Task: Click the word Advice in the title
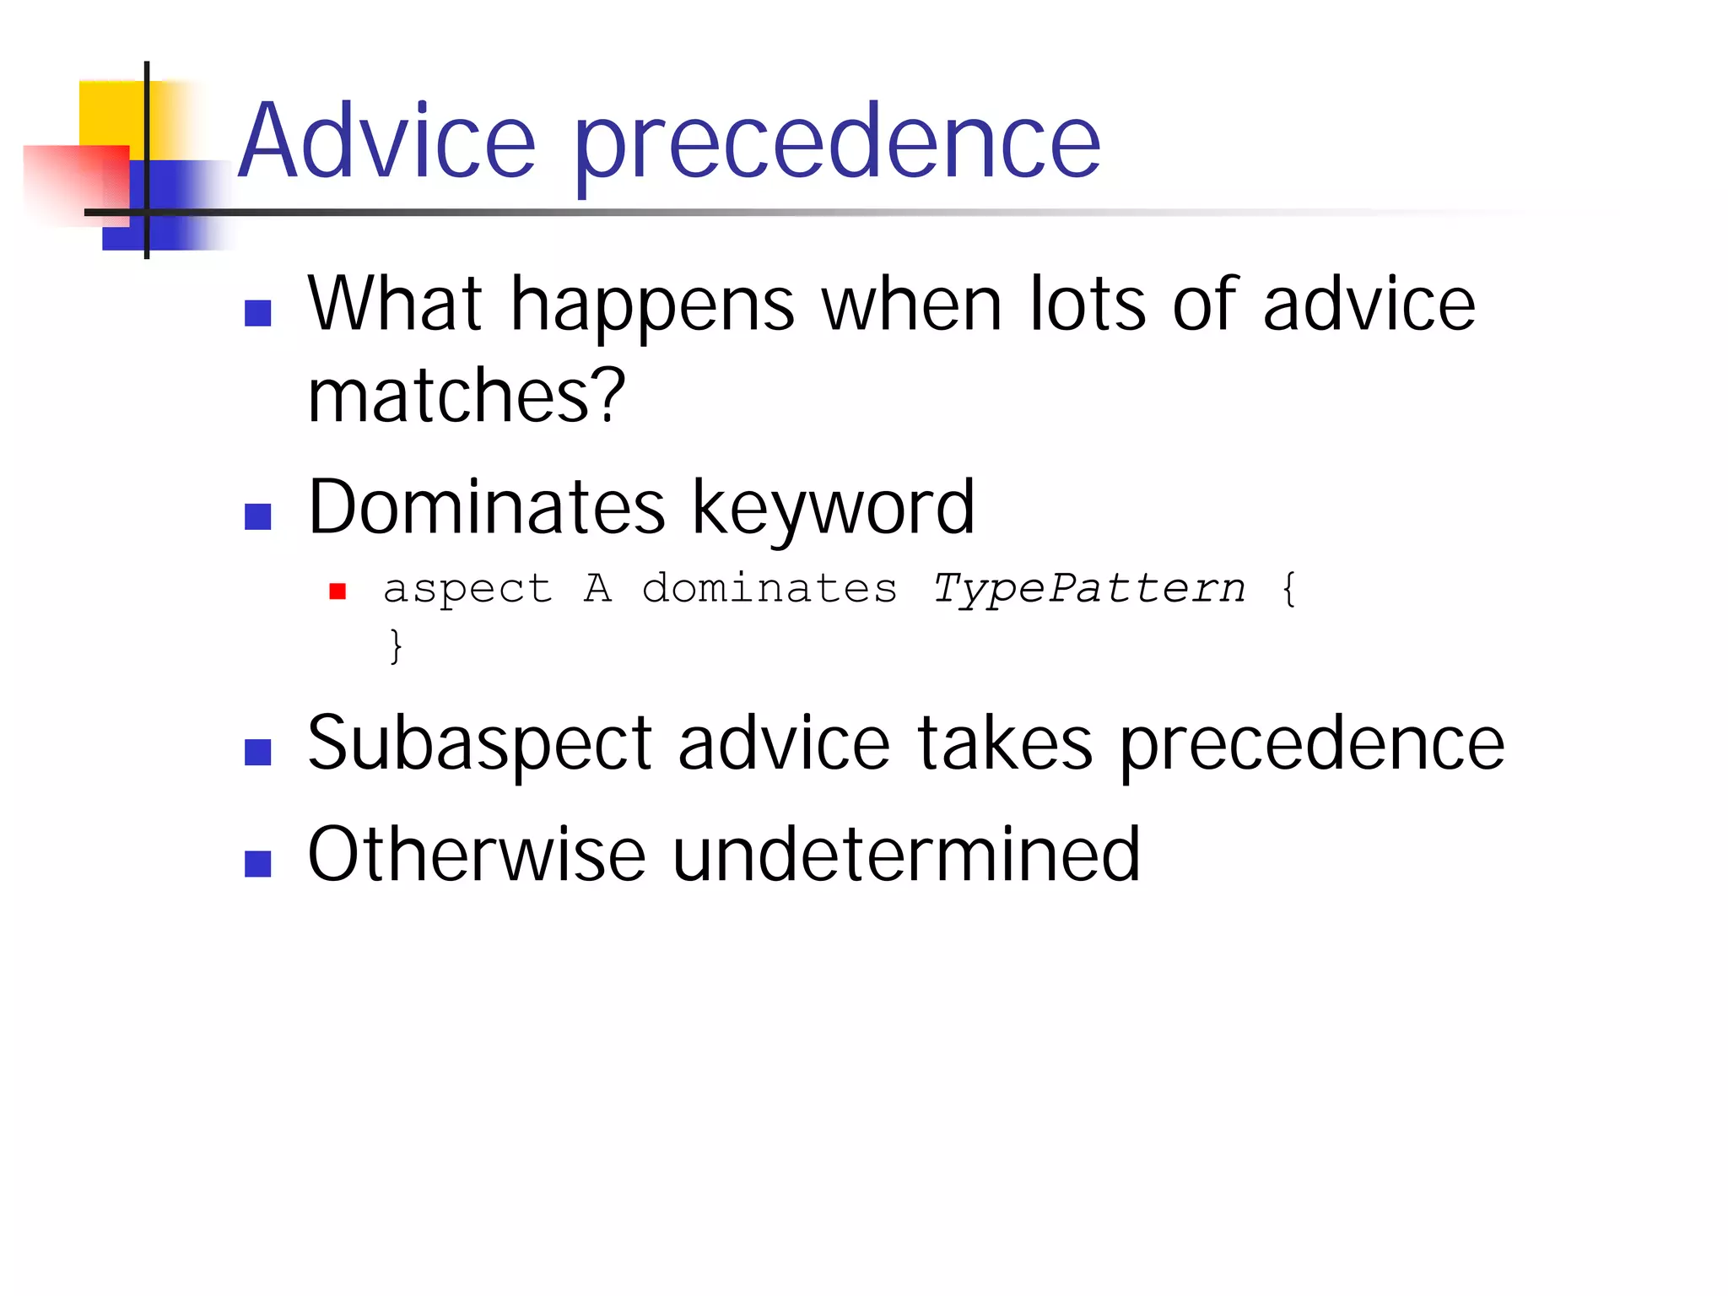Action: [386, 142]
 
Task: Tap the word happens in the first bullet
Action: [652, 305]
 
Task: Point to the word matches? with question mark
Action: [466, 397]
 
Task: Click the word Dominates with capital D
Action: [487, 508]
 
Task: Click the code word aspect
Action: [467, 589]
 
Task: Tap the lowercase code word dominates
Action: [769, 588]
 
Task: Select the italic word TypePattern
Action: [1088, 588]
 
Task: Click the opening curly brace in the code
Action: [1288, 588]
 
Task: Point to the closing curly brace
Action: [396, 647]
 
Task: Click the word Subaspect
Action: [479, 744]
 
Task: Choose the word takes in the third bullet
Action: [1004, 743]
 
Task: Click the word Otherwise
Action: [477, 856]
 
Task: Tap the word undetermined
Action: [906, 856]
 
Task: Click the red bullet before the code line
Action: [337, 591]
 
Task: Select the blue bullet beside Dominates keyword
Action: [257, 516]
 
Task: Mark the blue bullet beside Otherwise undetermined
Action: [257, 864]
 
